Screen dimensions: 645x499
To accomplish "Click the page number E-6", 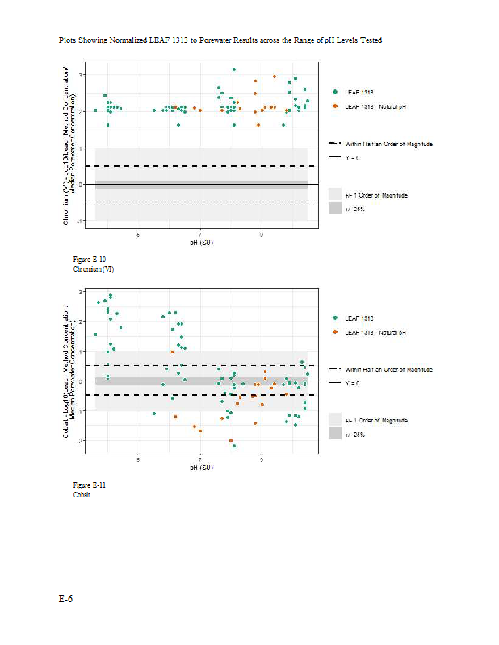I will [65, 601].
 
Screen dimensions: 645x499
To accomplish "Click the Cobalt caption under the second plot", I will [82, 494].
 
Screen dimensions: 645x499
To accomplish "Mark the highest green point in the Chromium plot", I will [234, 69].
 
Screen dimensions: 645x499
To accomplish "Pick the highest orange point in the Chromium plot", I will [275, 77].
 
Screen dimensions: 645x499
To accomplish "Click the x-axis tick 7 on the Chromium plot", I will [200, 235].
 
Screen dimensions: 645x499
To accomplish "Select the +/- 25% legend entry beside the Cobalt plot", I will [354, 435].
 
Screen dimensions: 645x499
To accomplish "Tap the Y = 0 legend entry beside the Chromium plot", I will [353, 157].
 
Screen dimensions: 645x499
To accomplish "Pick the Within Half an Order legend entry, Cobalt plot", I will [388, 368].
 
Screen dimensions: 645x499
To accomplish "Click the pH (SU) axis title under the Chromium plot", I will [200, 242].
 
